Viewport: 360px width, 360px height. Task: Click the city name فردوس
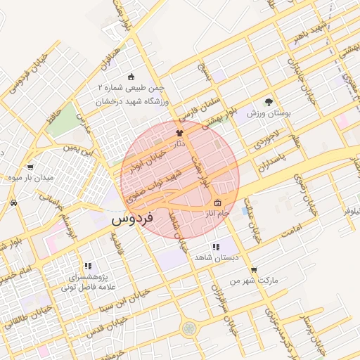pos(131,219)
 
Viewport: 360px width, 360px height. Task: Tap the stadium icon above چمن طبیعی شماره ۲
pos(131,77)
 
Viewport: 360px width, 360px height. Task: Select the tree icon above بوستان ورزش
pos(268,102)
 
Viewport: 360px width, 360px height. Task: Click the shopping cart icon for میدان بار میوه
pos(30,167)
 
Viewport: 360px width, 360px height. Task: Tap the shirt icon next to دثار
pos(179,132)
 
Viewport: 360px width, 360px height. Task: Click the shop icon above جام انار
pos(216,203)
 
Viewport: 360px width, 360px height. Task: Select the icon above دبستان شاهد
pos(215,247)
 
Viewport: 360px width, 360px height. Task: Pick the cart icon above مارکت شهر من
pos(253,269)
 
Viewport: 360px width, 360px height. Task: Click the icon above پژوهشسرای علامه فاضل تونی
pos(88,266)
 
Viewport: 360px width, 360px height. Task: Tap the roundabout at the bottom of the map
pos(188,328)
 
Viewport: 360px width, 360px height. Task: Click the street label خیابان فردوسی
pos(28,70)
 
